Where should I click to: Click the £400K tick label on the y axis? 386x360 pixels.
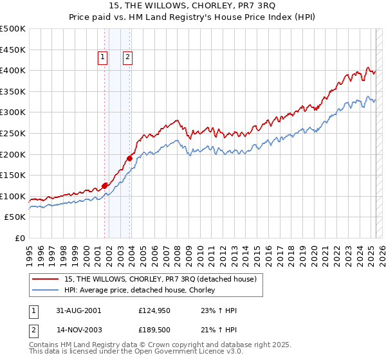click(13, 70)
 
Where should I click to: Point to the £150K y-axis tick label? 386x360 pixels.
click(13, 175)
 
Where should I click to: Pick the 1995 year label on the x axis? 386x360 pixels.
click(29, 250)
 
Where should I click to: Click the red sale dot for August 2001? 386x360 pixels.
click(104, 186)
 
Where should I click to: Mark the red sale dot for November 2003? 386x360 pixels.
click(129, 157)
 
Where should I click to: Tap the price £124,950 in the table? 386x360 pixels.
click(154, 310)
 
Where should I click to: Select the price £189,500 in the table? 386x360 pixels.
click(154, 330)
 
